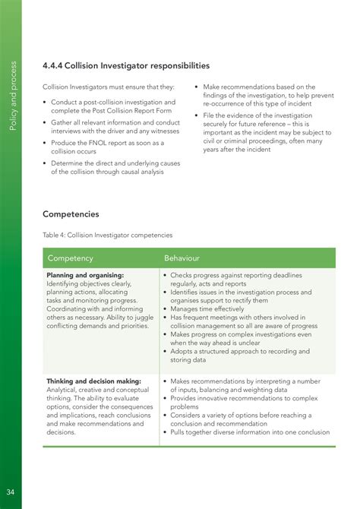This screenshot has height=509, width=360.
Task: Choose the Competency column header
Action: (70, 258)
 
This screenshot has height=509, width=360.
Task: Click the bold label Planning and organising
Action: (85, 275)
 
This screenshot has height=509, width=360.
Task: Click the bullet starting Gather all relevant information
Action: (114, 127)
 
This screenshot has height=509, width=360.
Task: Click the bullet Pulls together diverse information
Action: (250, 432)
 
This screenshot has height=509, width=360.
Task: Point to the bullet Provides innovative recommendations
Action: (243, 402)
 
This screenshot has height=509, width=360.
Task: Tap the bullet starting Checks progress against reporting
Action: (236, 280)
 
